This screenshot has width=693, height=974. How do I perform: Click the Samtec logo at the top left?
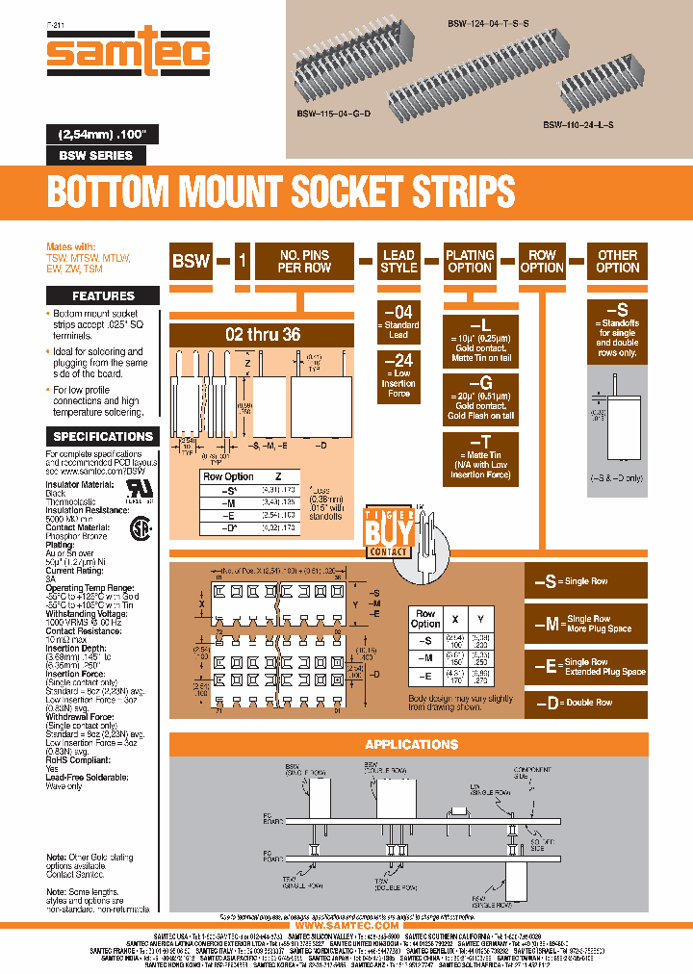128,55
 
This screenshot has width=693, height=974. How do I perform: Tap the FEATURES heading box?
103,295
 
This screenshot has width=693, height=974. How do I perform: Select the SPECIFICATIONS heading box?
103,436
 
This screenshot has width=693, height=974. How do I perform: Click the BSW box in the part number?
191,261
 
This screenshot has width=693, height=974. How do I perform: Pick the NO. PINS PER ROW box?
303,261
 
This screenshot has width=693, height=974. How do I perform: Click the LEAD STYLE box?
398,261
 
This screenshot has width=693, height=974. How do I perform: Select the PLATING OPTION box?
470,261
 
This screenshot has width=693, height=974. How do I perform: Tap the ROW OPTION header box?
543,261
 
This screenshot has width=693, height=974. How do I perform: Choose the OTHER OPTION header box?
617,261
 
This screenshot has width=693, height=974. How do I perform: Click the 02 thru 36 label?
262,336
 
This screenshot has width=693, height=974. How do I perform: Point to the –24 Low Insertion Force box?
398,376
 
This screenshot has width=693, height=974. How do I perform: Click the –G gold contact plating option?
470,398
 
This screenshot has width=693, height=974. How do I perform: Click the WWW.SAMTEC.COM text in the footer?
346,925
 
